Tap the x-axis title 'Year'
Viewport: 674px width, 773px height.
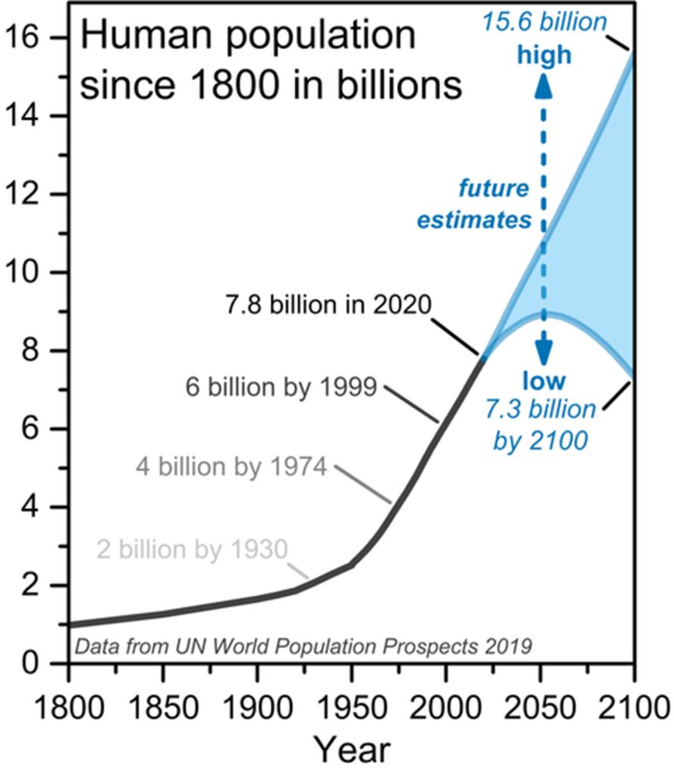pos(352,750)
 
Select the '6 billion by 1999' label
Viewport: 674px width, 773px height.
pos(281,388)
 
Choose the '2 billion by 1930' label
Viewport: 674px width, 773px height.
pos(192,549)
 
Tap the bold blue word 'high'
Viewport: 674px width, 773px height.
pos(544,54)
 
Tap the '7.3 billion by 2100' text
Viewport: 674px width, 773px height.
pos(544,425)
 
